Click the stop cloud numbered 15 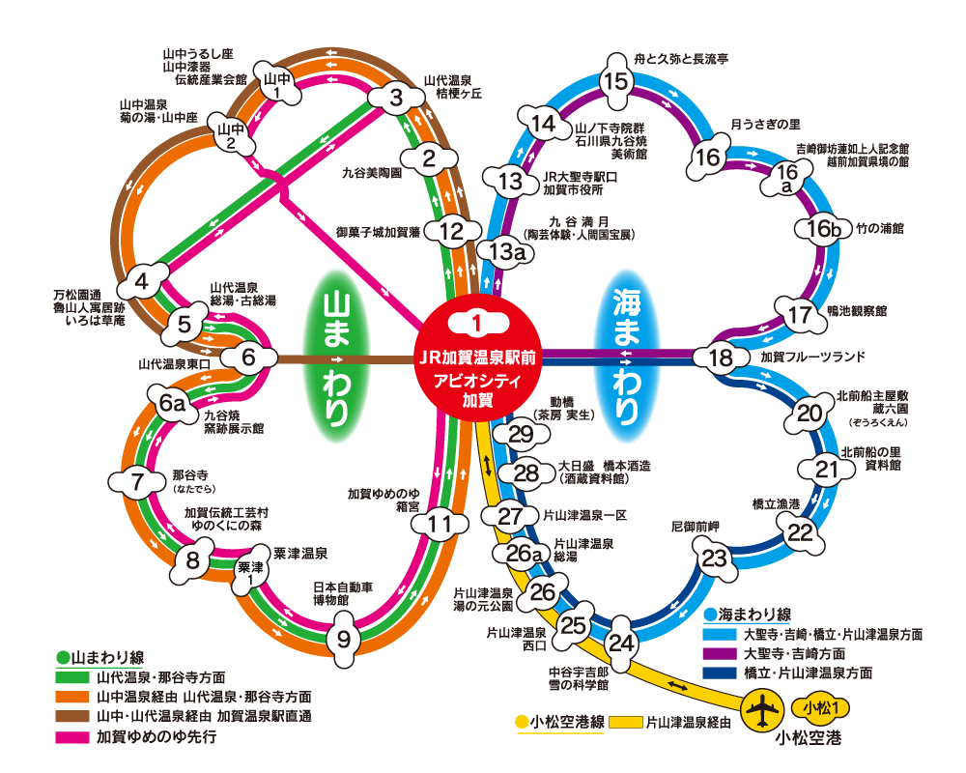615,81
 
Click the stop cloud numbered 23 714,558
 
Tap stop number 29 521,434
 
